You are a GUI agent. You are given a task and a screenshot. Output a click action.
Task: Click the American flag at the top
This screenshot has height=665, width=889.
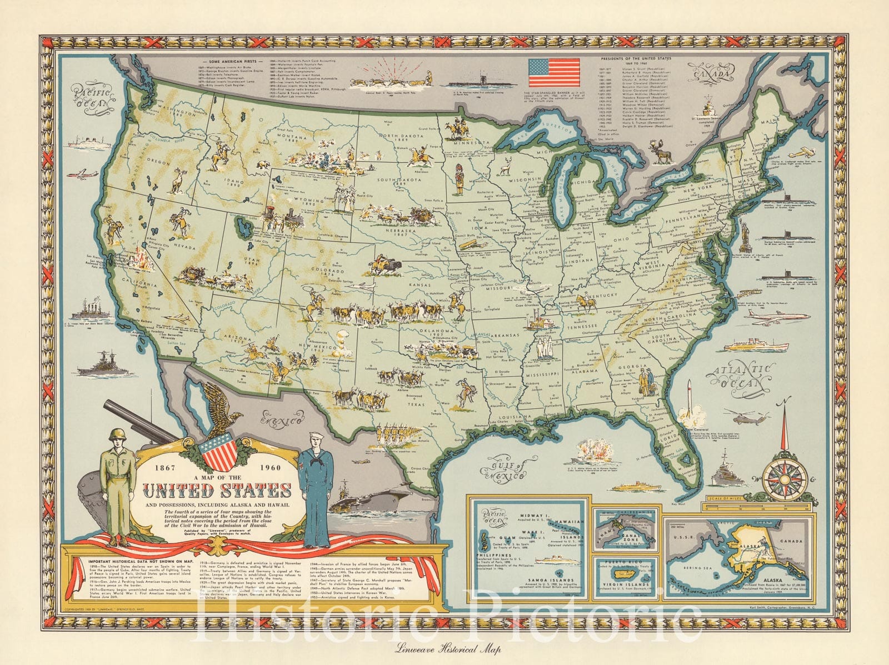(x=553, y=73)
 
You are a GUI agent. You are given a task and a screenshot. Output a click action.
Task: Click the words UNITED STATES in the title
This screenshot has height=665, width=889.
(x=218, y=491)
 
